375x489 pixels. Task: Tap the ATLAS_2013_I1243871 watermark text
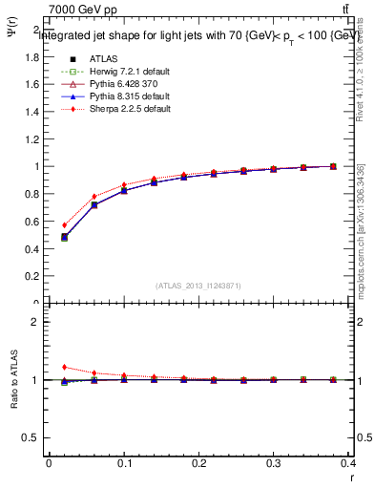tap(198, 286)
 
